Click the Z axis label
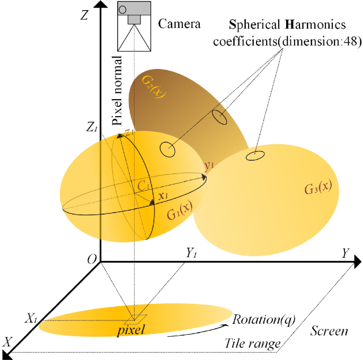pyautogui.click(x=83, y=15)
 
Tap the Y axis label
pyautogui.click(x=346, y=253)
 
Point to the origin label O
pyautogui.click(x=92, y=258)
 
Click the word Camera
pyautogui.click(x=180, y=23)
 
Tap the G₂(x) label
pyautogui.click(x=154, y=87)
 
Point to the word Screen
pyautogui.click(x=330, y=331)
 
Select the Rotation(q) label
pyautogui.click(x=263, y=319)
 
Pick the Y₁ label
pyautogui.click(x=192, y=254)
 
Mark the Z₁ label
pyautogui.click(x=93, y=128)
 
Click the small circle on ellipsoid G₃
pyautogui.click(x=255, y=155)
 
